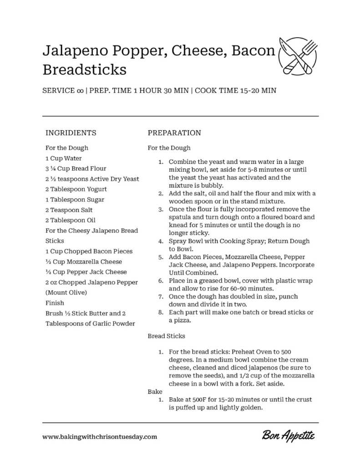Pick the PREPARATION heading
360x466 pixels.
tap(174, 133)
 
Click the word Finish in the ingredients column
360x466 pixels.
tap(55, 303)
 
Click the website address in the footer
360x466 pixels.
tap(100, 436)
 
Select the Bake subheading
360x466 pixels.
tap(156, 391)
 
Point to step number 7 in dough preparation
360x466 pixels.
tap(160, 297)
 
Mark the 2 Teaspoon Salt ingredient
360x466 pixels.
tap(69, 210)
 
